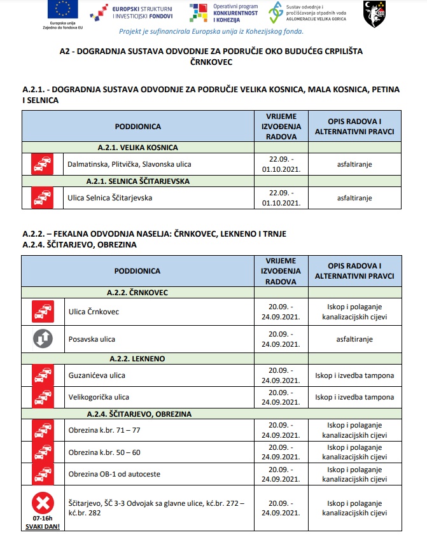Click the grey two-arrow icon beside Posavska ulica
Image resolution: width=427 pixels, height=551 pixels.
coord(43,339)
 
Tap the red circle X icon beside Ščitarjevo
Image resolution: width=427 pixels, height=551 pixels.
coord(43,505)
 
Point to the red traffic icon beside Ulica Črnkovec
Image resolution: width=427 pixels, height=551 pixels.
coord(43,312)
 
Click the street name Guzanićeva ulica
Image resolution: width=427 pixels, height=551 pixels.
coord(97,375)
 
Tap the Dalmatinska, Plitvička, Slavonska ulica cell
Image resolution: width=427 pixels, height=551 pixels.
coord(129,164)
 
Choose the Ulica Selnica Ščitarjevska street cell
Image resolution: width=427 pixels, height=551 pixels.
coord(110,197)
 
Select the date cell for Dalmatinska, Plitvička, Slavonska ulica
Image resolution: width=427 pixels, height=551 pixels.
coord(280,164)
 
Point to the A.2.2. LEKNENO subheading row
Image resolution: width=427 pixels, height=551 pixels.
coord(137,358)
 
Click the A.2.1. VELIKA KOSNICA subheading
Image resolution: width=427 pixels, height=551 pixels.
coord(137,147)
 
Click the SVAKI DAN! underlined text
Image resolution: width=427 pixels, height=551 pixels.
coord(43,527)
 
